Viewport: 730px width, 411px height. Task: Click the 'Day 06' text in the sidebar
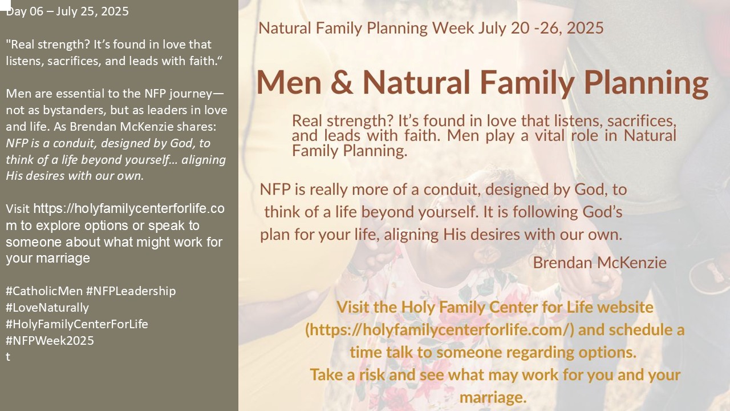pos(25,11)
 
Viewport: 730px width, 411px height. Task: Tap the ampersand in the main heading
pos(342,82)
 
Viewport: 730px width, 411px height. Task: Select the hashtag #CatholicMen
pos(44,291)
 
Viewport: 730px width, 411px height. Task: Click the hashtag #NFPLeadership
pos(131,291)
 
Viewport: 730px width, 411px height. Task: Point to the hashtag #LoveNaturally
pos(47,308)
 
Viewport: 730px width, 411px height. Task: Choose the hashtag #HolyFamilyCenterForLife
pos(77,324)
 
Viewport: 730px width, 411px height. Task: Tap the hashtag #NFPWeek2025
pos(50,341)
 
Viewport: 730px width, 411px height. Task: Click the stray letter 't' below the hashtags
pos(8,357)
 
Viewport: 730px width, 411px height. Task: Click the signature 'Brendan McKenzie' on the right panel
pos(599,263)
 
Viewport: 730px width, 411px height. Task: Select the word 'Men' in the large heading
pos(289,82)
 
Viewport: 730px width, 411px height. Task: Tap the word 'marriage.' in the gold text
pos(493,397)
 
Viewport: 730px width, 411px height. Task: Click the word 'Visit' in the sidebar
pos(18,209)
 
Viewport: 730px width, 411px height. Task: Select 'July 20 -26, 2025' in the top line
pos(541,28)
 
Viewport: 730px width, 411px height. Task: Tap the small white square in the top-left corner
pos(5,5)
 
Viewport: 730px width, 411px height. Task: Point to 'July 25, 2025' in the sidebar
pos(92,11)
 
